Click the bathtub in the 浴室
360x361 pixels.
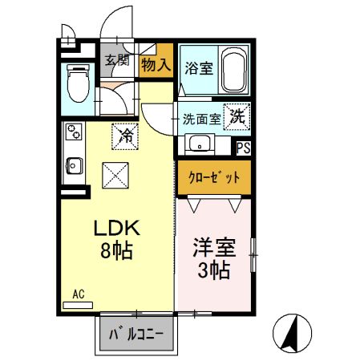tap(234, 71)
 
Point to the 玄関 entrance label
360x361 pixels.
tap(117, 59)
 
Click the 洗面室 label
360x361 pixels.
tap(201, 119)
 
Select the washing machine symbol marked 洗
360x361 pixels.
tap(238, 116)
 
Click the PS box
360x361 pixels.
tap(243, 146)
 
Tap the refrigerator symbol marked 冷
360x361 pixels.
tap(126, 134)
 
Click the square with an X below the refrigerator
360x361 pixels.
tap(115, 173)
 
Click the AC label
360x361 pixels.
tap(78, 294)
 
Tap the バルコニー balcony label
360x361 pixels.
tap(136, 332)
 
